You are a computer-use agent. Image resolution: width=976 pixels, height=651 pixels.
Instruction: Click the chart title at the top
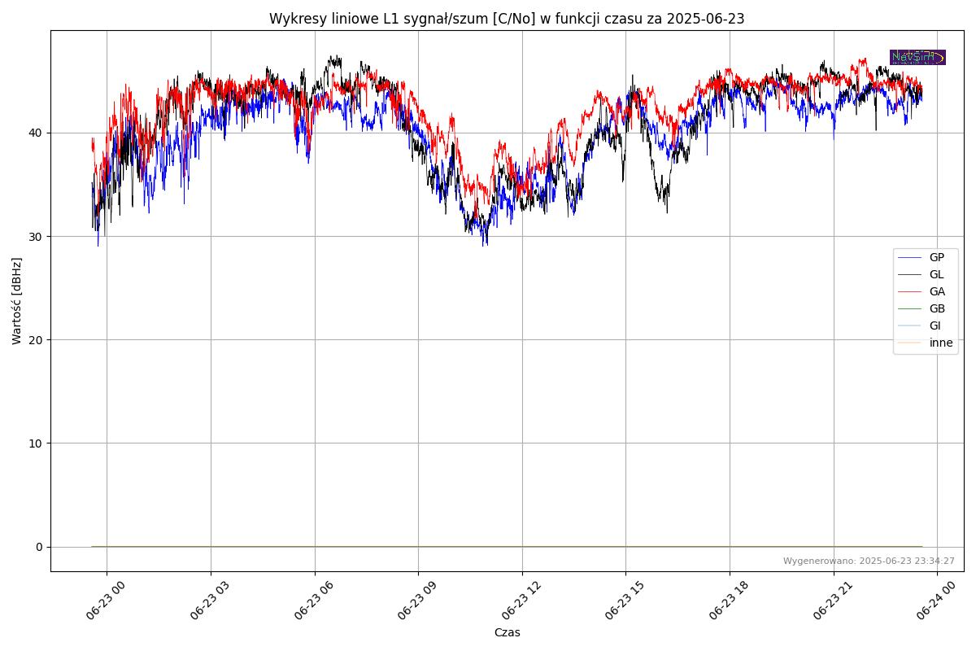click(x=507, y=19)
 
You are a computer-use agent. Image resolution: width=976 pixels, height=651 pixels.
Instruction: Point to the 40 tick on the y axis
click(x=38, y=133)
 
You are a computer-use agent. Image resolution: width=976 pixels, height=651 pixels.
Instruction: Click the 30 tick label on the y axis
click(x=38, y=236)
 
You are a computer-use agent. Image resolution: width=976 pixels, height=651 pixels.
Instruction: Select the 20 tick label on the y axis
click(x=38, y=339)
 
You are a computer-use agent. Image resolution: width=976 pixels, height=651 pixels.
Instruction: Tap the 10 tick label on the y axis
click(x=38, y=443)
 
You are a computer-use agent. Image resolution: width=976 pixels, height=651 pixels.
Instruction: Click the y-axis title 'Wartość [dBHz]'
click(x=17, y=300)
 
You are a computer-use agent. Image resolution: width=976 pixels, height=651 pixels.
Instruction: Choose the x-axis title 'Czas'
click(x=507, y=632)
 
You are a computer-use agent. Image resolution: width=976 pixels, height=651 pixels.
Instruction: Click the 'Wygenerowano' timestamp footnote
click(x=869, y=561)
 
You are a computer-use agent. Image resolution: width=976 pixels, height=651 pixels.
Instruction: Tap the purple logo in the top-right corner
click(x=917, y=57)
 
